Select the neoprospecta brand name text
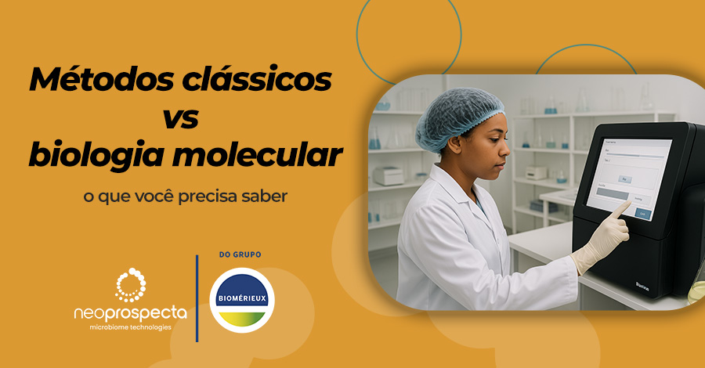tap(131, 313)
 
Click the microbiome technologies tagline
tap(131, 327)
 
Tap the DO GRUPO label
tap(242, 255)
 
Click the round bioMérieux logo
tap(242, 299)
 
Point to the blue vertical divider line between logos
tap(197, 298)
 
